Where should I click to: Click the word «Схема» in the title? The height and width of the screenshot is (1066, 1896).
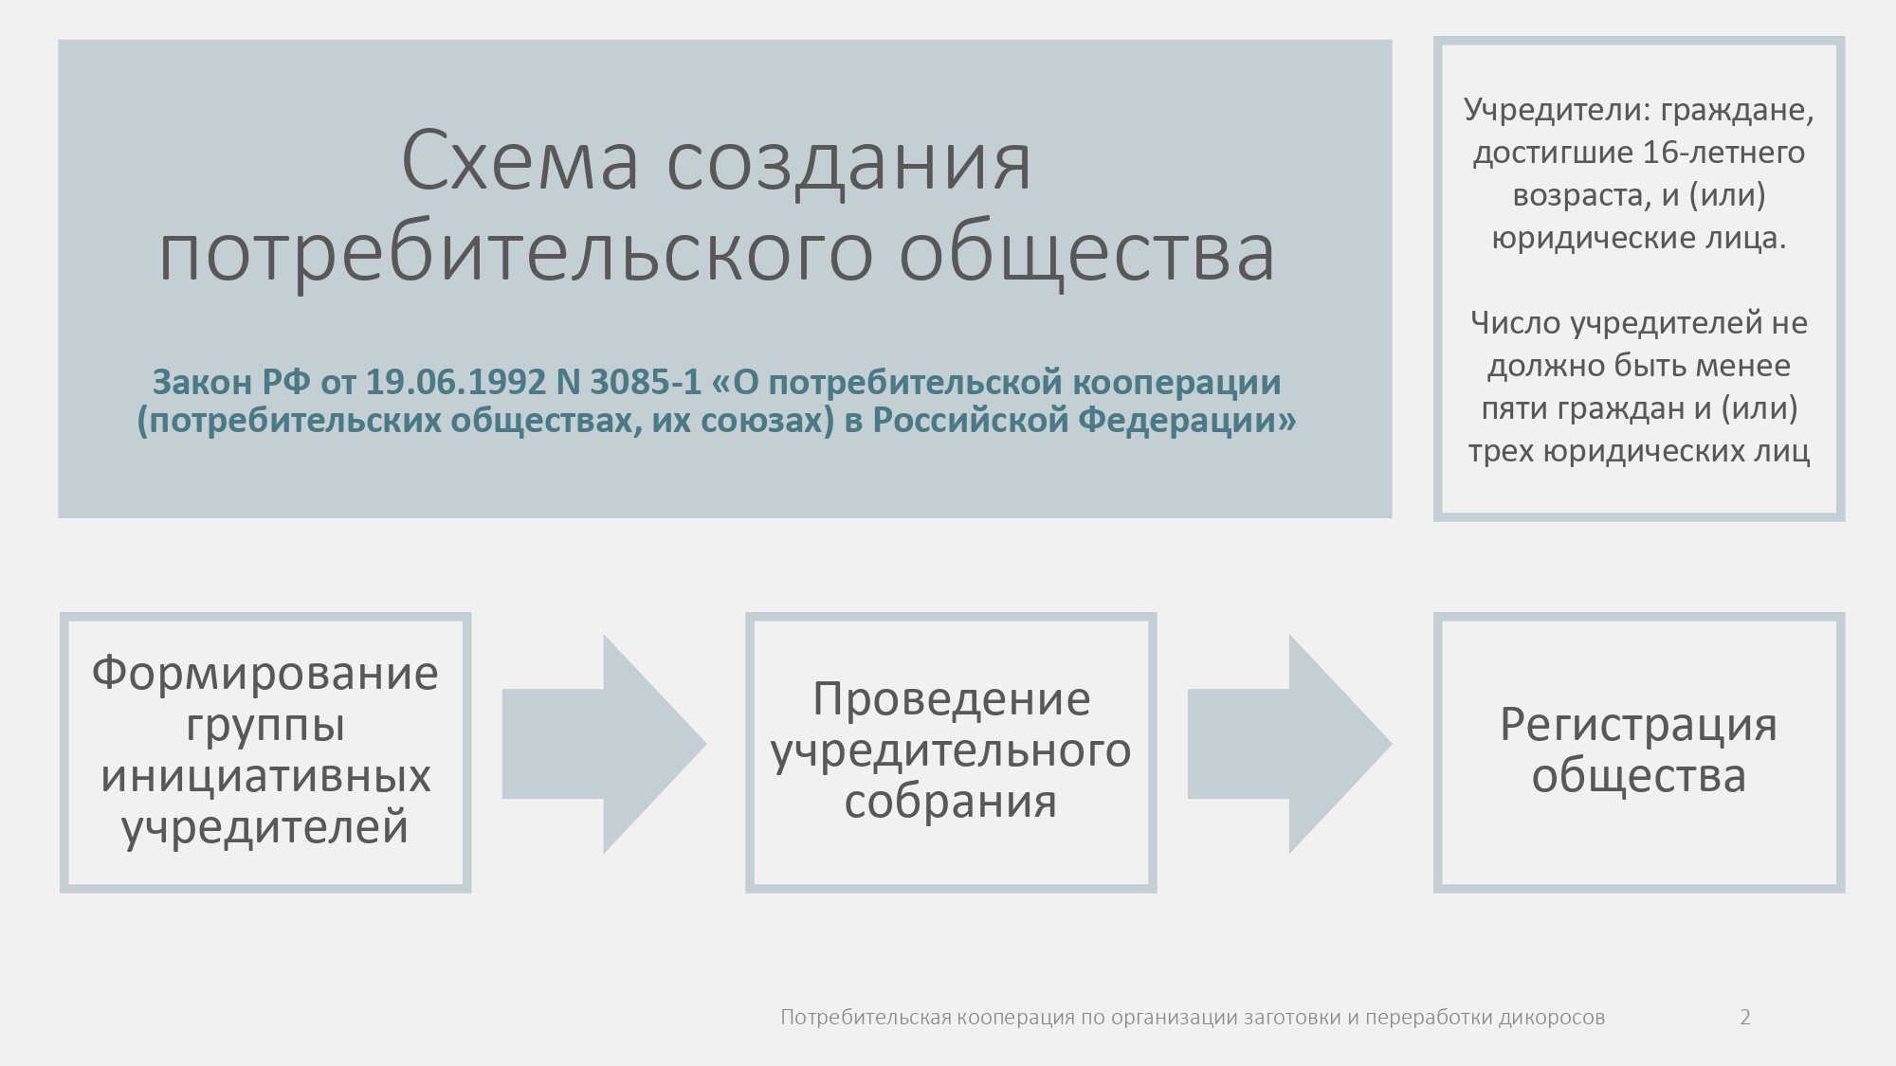click(x=520, y=160)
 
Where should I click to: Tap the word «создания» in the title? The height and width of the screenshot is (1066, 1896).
click(x=848, y=163)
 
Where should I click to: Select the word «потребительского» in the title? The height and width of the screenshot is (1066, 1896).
click(x=515, y=253)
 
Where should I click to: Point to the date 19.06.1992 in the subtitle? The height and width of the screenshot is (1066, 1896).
click(x=456, y=382)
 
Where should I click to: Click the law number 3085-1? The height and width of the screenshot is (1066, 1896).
click(x=646, y=382)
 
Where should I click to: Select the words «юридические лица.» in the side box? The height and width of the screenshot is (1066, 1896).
click(x=1639, y=238)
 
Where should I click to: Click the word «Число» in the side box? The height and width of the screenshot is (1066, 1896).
click(x=1516, y=323)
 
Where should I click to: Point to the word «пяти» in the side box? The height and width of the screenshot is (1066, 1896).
click(x=1513, y=408)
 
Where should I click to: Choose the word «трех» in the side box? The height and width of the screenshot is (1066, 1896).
click(x=1502, y=451)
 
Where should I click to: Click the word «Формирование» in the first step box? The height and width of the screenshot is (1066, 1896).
click(x=265, y=674)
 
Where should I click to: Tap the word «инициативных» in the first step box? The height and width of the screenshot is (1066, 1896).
click(x=265, y=776)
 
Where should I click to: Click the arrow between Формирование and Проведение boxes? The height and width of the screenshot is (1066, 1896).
click(x=604, y=744)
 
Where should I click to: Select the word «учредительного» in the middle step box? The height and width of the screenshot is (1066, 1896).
click(x=951, y=751)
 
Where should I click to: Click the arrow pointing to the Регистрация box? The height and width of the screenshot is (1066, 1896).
click(x=1289, y=744)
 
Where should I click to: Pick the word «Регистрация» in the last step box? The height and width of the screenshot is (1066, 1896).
click(x=1638, y=725)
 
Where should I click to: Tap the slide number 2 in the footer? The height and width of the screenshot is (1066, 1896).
click(x=1745, y=1018)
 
